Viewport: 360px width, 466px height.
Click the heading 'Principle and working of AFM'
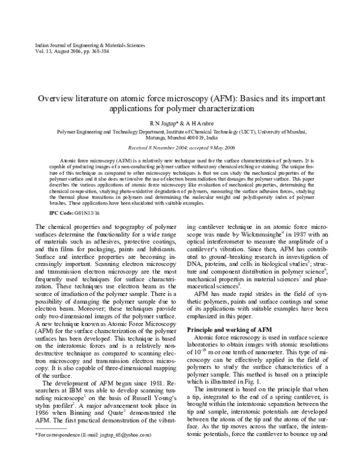(223, 330)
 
